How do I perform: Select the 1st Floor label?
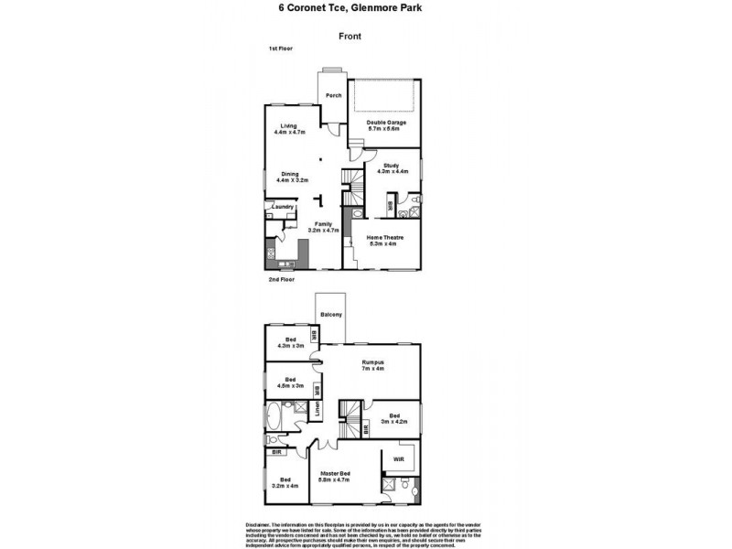[x=280, y=48]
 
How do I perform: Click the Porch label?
[x=334, y=94]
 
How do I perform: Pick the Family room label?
[x=321, y=226]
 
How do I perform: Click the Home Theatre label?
[x=382, y=240]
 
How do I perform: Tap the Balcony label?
[x=330, y=315]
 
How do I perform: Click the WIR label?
[x=399, y=458]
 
